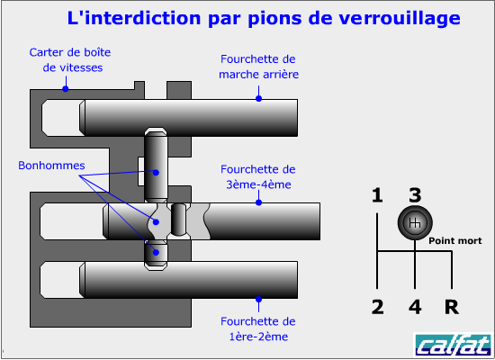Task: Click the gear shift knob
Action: click(x=415, y=222)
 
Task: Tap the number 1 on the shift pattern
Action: click(x=377, y=195)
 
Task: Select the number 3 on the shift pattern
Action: click(x=415, y=195)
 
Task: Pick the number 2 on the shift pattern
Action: click(x=378, y=307)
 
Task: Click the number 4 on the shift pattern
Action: click(x=415, y=307)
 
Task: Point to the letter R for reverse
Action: click(x=452, y=307)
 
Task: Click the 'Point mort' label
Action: click(x=454, y=241)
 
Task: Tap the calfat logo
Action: click(x=453, y=345)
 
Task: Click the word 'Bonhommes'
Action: click(x=51, y=166)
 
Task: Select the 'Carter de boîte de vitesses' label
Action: click(x=70, y=60)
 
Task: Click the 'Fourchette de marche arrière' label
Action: click(x=258, y=67)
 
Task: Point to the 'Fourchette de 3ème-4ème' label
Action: click(x=258, y=176)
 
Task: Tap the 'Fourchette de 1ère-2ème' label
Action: click(x=258, y=329)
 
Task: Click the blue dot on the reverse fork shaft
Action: click(x=258, y=98)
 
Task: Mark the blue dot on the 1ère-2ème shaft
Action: click(x=258, y=300)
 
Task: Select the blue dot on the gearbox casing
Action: click(x=66, y=89)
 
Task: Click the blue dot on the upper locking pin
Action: click(x=156, y=173)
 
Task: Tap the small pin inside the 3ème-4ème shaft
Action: click(x=179, y=220)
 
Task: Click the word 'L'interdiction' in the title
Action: click(x=134, y=18)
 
